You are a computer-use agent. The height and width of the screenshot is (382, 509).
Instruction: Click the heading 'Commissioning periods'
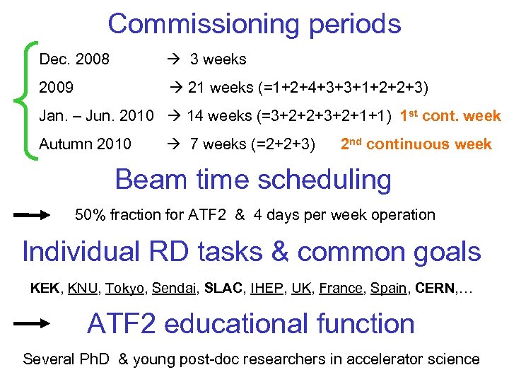255,24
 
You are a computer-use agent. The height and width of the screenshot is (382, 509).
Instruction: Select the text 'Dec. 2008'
74,59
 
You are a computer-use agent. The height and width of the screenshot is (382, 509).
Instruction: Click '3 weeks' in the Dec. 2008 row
218,59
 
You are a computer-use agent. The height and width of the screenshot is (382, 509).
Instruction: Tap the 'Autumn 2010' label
85,144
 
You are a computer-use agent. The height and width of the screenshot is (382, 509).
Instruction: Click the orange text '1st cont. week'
450,116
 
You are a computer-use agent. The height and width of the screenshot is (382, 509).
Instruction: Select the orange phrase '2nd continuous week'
416,144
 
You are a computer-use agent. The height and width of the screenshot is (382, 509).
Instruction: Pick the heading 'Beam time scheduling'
253,180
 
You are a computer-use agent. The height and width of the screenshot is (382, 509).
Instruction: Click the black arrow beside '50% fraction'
32,214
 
